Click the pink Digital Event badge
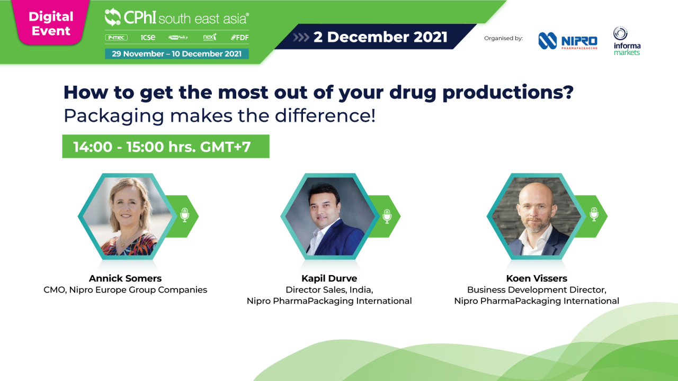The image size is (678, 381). click(x=51, y=23)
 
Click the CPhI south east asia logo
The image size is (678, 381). click(x=176, y=18)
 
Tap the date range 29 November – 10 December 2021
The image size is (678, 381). click(x=176, y=53)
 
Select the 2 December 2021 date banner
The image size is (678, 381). click(x=380, y=37)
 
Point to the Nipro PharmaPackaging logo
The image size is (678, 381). click(x=567, y=41)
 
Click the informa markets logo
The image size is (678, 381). click(x=627, y=41)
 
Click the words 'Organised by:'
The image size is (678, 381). click(x=503, y=38)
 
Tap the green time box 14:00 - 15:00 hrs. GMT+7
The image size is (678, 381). click(x=165, y=147)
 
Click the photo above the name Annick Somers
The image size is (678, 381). click(x=128, y=216)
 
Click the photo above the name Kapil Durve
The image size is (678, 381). click(x=330, y=216)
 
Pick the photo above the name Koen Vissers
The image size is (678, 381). click(x=537, y=216)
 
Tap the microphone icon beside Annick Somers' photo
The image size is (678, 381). click(x=184, y=215)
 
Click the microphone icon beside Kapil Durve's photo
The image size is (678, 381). click(x=387, y=215)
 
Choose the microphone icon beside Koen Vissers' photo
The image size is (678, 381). click(x=594, y=215)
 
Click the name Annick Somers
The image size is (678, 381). click(x=125, y=278)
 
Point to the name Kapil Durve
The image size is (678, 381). click(x=329, y=278)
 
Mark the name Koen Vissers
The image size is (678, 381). click(x=537, y=278)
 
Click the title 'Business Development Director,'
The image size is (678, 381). click(x=537, y=290)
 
